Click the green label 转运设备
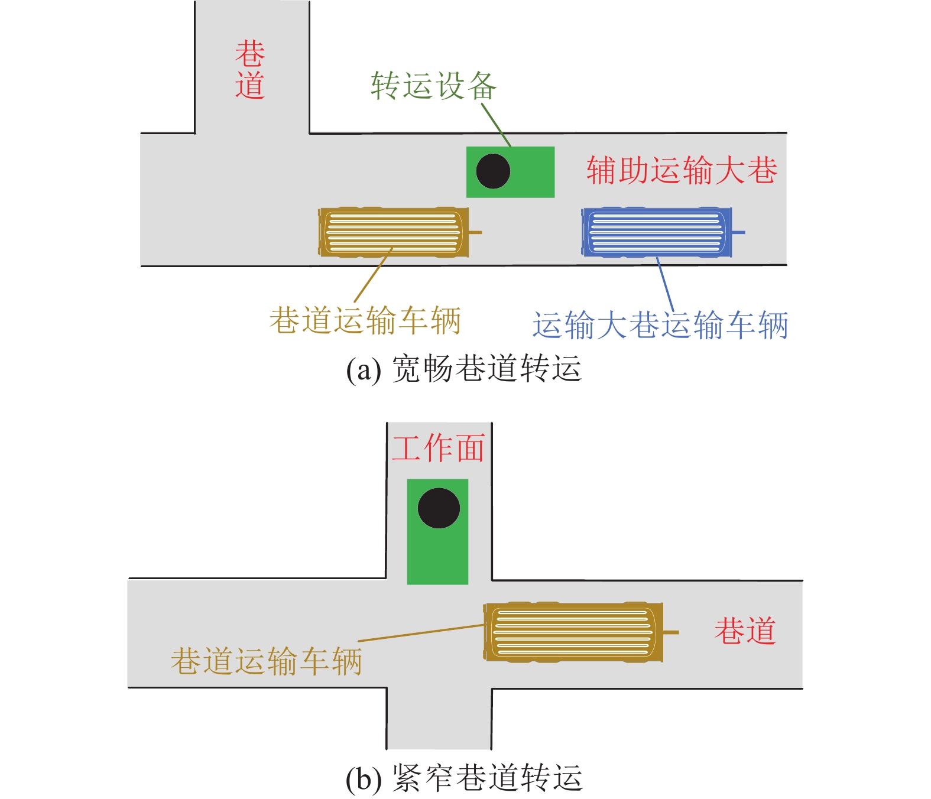tap(433, 86)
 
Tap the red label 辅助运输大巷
tap(681, 170)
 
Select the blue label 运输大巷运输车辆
tap(660, 326)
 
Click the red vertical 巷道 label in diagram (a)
tap(250, 70)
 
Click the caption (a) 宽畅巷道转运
tap(464, 369)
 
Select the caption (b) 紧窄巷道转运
tap(464, 778)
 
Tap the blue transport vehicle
tap(656, 232)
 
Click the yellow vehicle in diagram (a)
tap(393, 232)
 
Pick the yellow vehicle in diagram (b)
tap(573, 632)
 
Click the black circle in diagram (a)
tap(493, 171)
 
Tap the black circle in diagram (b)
tap(439, 508)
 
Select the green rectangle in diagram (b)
tap(438, 556)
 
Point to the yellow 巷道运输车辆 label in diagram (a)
tap(365, 320)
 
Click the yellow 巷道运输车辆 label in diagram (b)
tap(266, 660)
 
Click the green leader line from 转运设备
tap(496, 125)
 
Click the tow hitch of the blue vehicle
tap(739, 232)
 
